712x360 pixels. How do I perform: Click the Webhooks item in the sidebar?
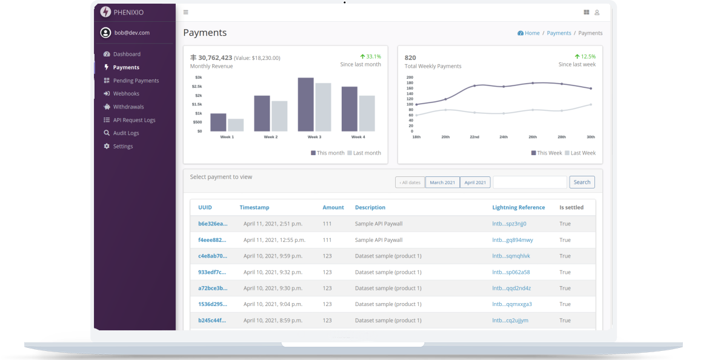(125, 93)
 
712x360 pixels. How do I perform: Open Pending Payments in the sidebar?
(135, 81)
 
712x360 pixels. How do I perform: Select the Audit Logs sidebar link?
(125, 133)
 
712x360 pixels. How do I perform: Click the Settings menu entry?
(122, 146)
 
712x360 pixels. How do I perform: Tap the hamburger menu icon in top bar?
(185, 12)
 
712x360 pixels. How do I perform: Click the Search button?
(582, 182)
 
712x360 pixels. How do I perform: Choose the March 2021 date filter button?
(442, 182)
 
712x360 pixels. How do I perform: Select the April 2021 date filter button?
(475, 182)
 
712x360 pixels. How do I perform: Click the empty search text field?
(530, 182)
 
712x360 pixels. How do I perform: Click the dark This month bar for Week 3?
(305, 104)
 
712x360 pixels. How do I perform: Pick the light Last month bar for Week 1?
(236, 125)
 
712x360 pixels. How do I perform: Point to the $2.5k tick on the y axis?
(198, 87)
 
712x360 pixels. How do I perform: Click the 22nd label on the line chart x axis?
(474, 137)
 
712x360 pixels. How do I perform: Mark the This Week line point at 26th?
(533, 83)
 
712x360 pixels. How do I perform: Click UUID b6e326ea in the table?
(213, 224)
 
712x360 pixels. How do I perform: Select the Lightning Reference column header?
(518, 207)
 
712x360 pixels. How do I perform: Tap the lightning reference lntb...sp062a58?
(511, 272)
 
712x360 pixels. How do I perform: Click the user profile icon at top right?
(597, 12)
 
